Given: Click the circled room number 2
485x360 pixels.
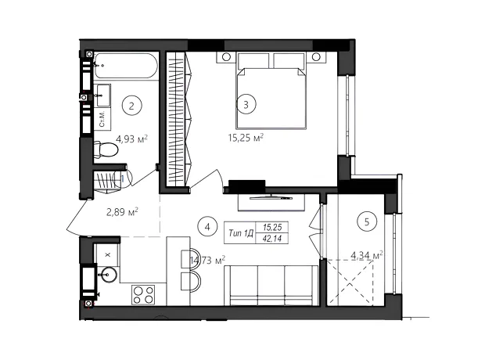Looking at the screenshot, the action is tap(131, 106).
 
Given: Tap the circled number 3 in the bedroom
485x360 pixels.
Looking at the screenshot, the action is tap(246, 104).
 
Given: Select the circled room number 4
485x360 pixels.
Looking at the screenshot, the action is tap(207, 227).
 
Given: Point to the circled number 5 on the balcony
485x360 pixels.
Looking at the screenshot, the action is tap(367, 221).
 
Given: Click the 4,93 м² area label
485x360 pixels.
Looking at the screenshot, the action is tap(131, 139).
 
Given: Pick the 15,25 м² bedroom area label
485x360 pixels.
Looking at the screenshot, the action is tap(246, 138).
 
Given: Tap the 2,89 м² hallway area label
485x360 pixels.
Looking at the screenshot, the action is tap(122, 212).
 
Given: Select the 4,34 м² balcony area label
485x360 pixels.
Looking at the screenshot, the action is tap(367, 256).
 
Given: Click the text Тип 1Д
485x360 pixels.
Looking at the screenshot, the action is tap(240, 233).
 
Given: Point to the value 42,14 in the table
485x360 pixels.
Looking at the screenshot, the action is tap(272, 239).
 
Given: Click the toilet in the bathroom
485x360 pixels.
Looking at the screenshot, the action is tap(106, 149).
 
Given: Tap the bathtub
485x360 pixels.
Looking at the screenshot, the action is tap(126, 66).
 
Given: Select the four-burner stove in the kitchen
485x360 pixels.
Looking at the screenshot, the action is tap(143, 295).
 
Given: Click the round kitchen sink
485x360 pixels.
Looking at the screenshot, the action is tap(108, 274).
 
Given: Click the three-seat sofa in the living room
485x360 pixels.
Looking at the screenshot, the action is tap(271, 286).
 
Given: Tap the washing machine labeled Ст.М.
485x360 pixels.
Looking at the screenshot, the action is tap(102, 119).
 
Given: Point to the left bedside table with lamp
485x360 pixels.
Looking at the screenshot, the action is tap(226, 57).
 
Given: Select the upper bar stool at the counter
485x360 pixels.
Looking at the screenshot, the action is tap(190, 257).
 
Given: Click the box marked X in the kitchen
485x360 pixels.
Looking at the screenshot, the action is tap(108, 255).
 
